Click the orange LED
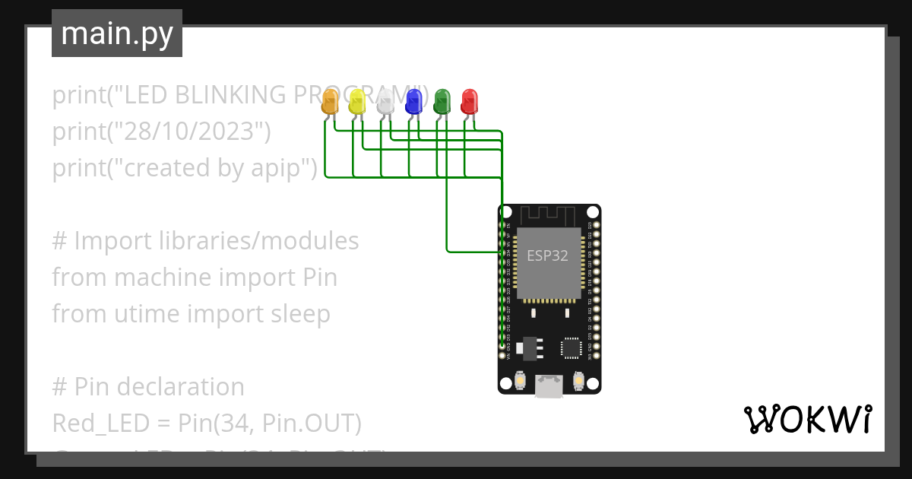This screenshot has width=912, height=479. point(330,102)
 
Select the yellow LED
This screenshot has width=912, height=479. point(357,102)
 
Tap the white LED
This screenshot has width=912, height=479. point(385,102)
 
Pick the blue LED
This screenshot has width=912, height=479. point(413,102)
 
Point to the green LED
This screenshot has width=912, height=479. point(442,102)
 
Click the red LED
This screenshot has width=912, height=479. point(470,102)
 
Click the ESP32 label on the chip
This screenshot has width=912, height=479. point(547,255)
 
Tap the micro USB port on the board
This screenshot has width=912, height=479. point(549,386)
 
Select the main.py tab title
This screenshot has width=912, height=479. point(116,33)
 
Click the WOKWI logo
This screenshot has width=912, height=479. point(807,419)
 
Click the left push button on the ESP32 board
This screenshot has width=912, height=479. point(521,379)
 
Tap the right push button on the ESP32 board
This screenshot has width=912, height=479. point(578,379)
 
